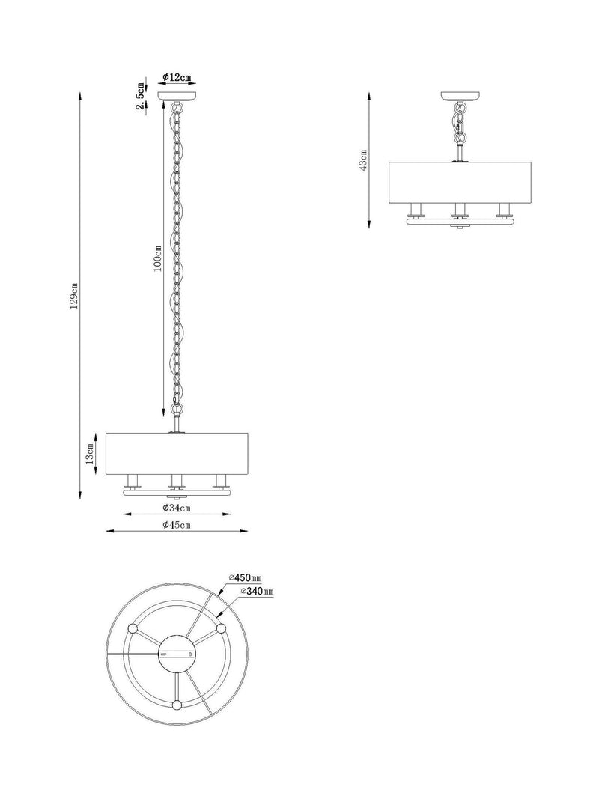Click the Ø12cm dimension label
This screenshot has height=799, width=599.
pyautogui.click(x=177, y=77)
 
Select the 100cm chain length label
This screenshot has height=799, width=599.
pyautogui.click(x=158, y=258)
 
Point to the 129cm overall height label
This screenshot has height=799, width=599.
pyautogui.click(x=74, y=296)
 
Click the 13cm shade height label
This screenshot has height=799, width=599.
pyautogui.click(x=90, y=454)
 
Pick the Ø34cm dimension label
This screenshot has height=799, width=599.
pyautogui.click(x=177, y=508)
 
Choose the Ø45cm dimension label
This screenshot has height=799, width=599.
pyautogui.click(x=177, y=525)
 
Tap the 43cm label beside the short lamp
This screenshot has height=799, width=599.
pyautogui.click(x=364, y=160)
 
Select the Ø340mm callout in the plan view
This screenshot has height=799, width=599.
pyautogui.click(x=258, y=591)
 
